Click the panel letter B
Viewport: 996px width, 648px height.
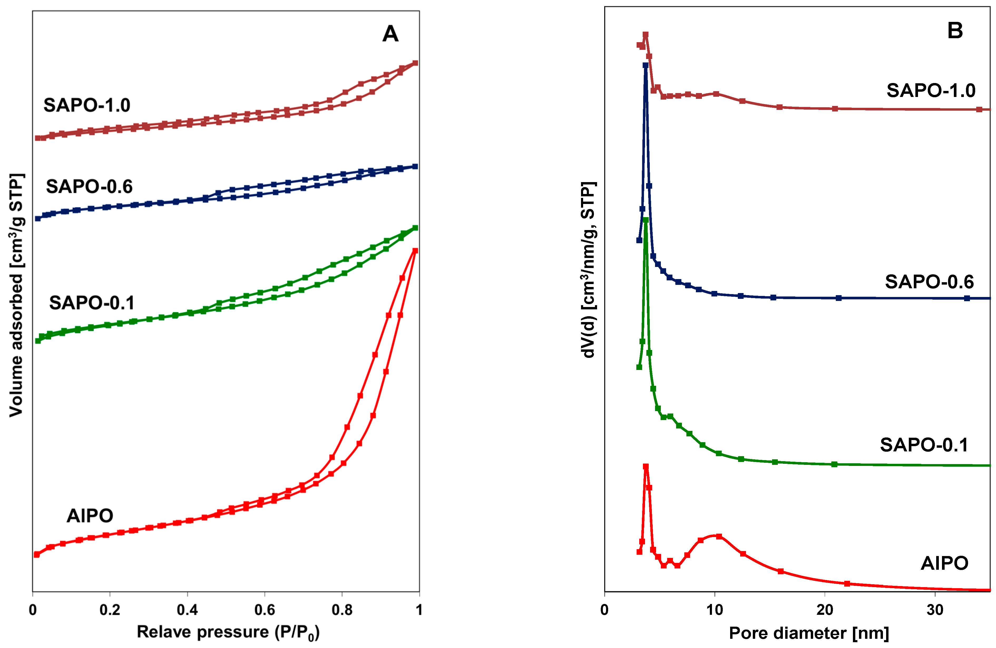click(x=955, y=31)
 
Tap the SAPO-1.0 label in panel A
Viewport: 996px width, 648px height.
click(x=87, y=105)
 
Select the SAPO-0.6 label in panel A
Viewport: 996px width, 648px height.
click(x=89, y=186)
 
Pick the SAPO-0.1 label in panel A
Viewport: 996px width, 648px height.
click(x=92, y=303)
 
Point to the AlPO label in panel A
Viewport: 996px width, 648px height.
click(x=90, y=516)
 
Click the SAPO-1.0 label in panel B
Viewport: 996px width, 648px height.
click(x=931, y=90)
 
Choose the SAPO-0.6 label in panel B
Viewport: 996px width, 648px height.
click(x=929, y=282)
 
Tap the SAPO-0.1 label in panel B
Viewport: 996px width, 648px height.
click(x=924, y=445)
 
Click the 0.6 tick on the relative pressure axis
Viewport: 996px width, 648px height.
click(x=265, y=610)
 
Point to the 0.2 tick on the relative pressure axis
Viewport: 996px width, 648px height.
click(x=110, y=610)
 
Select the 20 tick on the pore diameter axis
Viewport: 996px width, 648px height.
click(x=825, y=610)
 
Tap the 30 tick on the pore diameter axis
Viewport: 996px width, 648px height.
click(x=935, y=610)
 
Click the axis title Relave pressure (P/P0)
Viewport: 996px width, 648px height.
click(x=228, y=632)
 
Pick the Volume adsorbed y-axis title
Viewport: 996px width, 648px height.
click(x=17, y=295)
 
